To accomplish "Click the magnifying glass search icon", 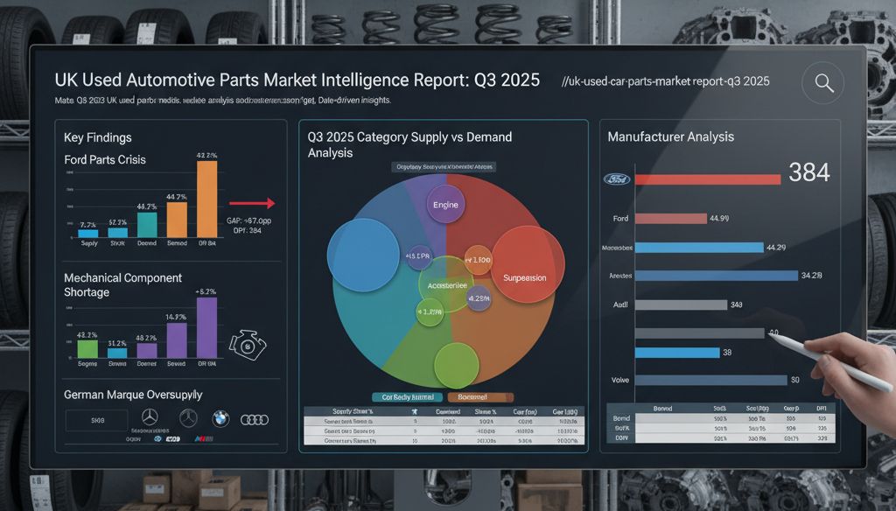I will (x=822, y=83).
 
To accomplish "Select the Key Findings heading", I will (x=97, y=138).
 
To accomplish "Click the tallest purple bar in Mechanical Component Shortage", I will (x=206, y=328).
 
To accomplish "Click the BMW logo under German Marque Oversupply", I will (x=219, y=419).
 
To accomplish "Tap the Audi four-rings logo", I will (x=254, y=419).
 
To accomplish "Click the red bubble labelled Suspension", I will (x=523, y=277).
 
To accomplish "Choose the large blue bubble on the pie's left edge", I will (x=363, y=255).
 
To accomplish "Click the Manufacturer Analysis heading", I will (x=671, y=137).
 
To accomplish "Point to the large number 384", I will (x=808, y=172).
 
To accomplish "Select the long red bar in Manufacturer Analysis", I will (x=707, y=179).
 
